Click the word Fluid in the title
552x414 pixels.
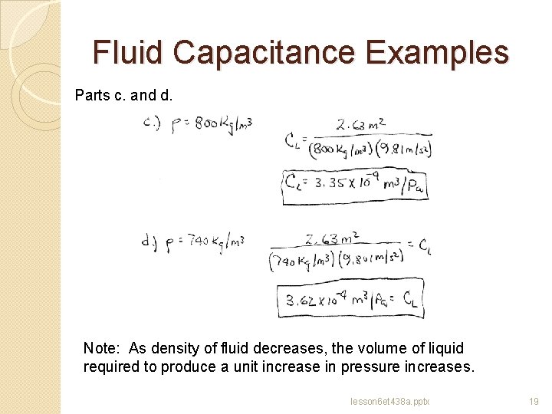pos(128,53)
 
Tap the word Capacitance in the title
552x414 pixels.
pos(264,53)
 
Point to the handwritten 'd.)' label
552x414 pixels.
pos(149,244)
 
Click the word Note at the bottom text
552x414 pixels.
pos(101,348)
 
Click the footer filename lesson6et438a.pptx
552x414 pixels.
pos(389,400)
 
